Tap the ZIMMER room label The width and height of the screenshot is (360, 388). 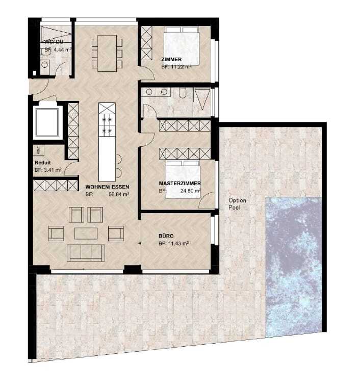[x=171, y=59]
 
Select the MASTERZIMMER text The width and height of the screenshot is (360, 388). [x=179, y=184]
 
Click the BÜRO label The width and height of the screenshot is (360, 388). [x=166, y=236]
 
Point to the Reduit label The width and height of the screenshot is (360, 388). [x=42, y=163]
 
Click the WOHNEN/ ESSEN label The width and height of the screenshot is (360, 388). [x=107, y=187]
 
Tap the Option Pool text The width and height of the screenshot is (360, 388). [x=238, y=204]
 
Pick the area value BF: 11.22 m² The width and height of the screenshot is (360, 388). [x=176, y=67]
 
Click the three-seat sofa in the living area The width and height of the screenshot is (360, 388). [x=87, y=252]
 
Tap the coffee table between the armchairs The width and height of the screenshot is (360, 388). [x=86, y=233]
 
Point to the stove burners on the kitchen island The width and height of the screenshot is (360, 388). [x=107, y=125]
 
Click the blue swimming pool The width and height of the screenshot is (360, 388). [x=293, y=265]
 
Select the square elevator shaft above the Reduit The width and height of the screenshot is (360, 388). [x=47, y=122]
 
